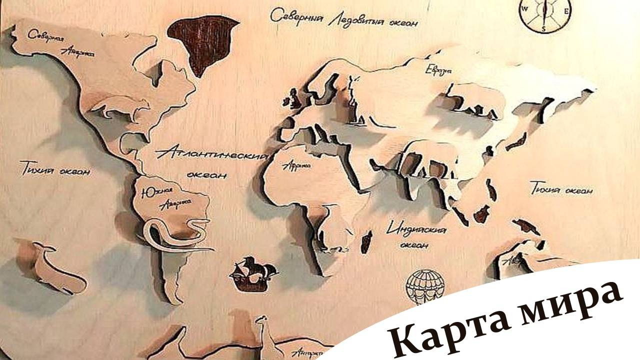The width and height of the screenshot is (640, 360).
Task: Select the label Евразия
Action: coord(438,70)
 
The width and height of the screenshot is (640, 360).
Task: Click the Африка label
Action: coord(297,165)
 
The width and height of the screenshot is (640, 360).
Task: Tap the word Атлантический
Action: coord(211,152)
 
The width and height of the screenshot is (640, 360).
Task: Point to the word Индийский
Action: coord(417,229)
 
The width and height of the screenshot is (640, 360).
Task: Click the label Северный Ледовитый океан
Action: coord(344,18)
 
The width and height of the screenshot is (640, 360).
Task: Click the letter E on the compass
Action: coord(566,11)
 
